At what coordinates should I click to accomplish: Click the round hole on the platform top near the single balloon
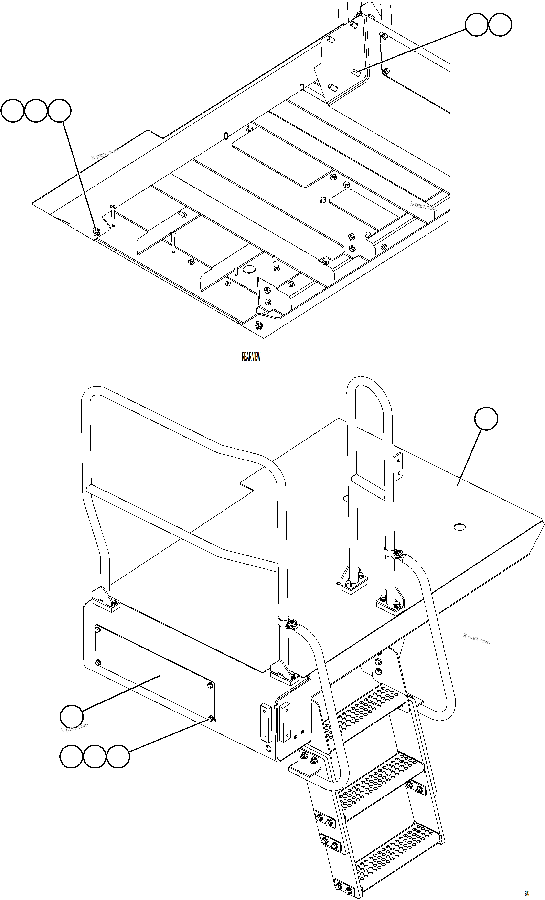tap(460, 527)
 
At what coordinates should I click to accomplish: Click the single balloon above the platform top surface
tap(486, 419)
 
